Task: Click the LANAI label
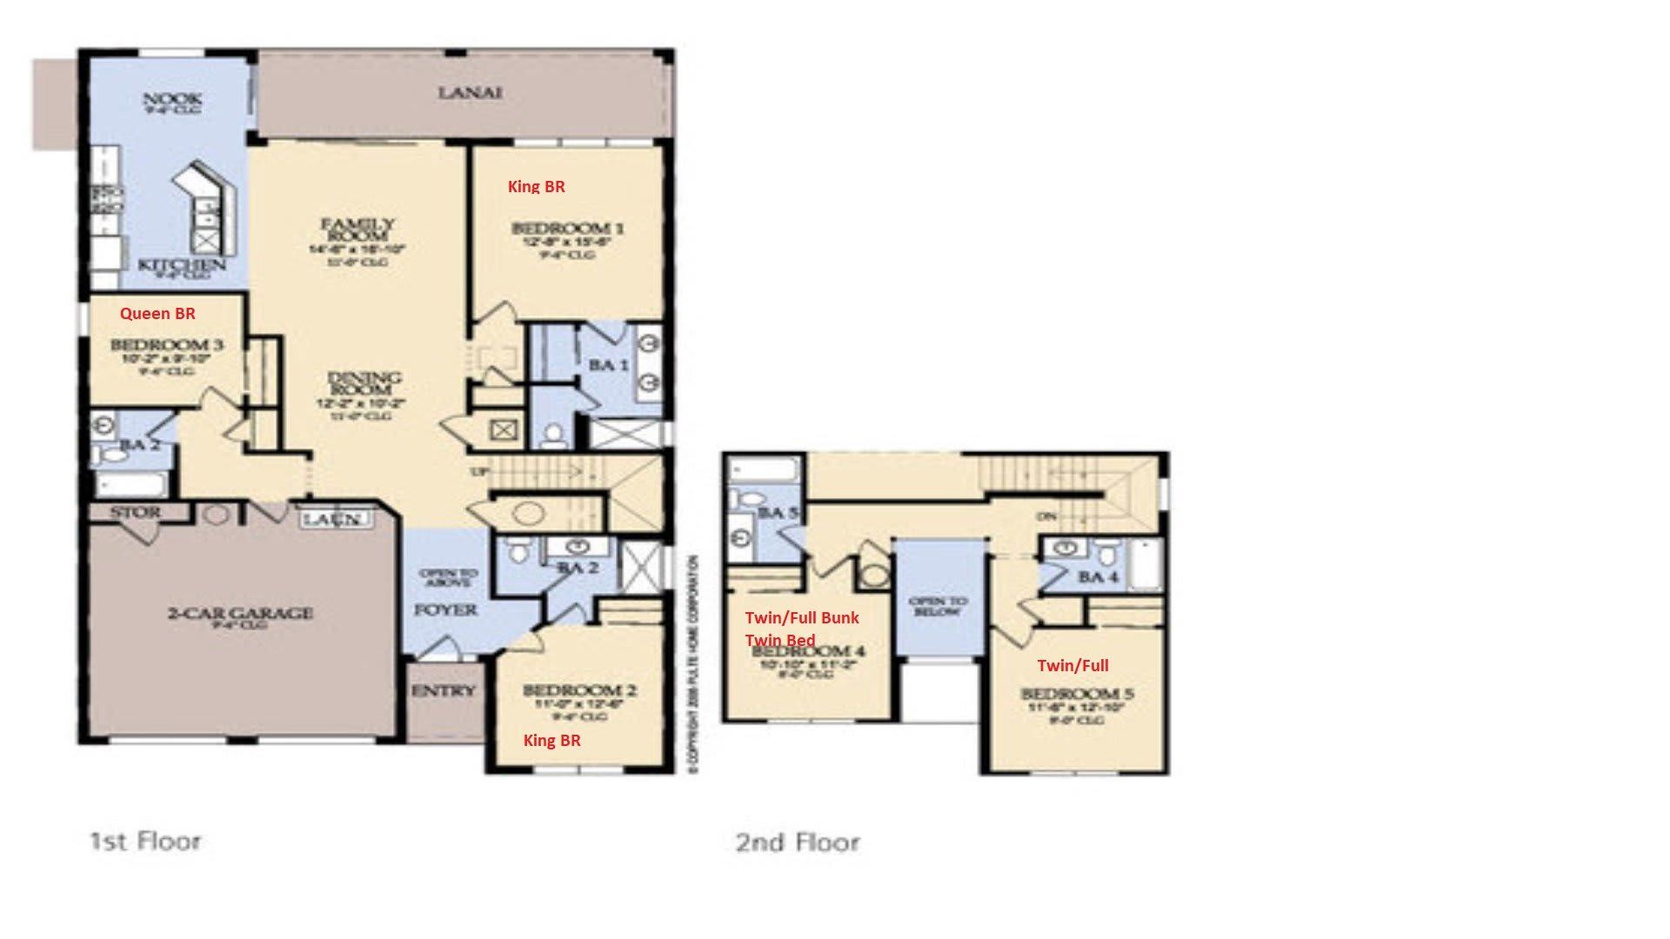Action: click(x=470, y=92)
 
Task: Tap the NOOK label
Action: click(x=172, y=100)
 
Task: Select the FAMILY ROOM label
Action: click(x=357, y=230)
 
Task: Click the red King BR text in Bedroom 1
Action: click(x=536, y=186)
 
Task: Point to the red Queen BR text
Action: click(x=157, y=313)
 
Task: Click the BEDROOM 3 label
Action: click(x=167, y=345)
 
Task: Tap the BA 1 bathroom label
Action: click(x=608, y=365)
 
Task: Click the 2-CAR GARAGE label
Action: click(x=240, y=613)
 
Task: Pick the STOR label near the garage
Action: click(x=135, y=513)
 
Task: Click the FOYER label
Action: click(x=445, y=610)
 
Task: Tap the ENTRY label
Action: click(x=444, y=691)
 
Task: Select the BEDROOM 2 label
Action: click(x=579, y=690)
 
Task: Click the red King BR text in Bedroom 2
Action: click(x=551, y=740)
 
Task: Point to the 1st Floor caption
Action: click(x=145, y=841)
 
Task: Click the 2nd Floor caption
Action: click(x=798, y=842)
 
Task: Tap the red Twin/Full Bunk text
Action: click(x=801, y=617)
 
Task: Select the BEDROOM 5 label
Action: click(x=1077, y=694)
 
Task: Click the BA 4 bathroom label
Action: click(x=1097, y=577)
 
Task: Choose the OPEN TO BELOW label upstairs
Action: click(x=938, y=606)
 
